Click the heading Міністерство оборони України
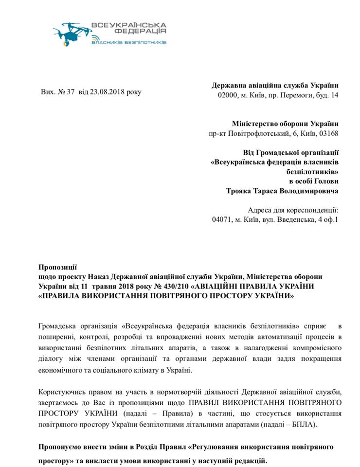(x=285, y=124)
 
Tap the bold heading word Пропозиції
(x=57, y=267)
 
